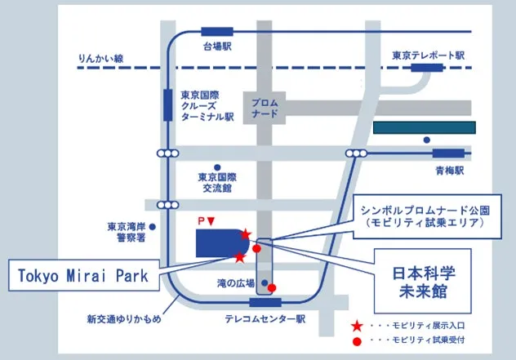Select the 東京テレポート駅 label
(x=427, y=56)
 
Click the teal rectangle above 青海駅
(x=424, y=127)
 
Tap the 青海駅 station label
(x=448, y=171)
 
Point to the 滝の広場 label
(x=229, y=283)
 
